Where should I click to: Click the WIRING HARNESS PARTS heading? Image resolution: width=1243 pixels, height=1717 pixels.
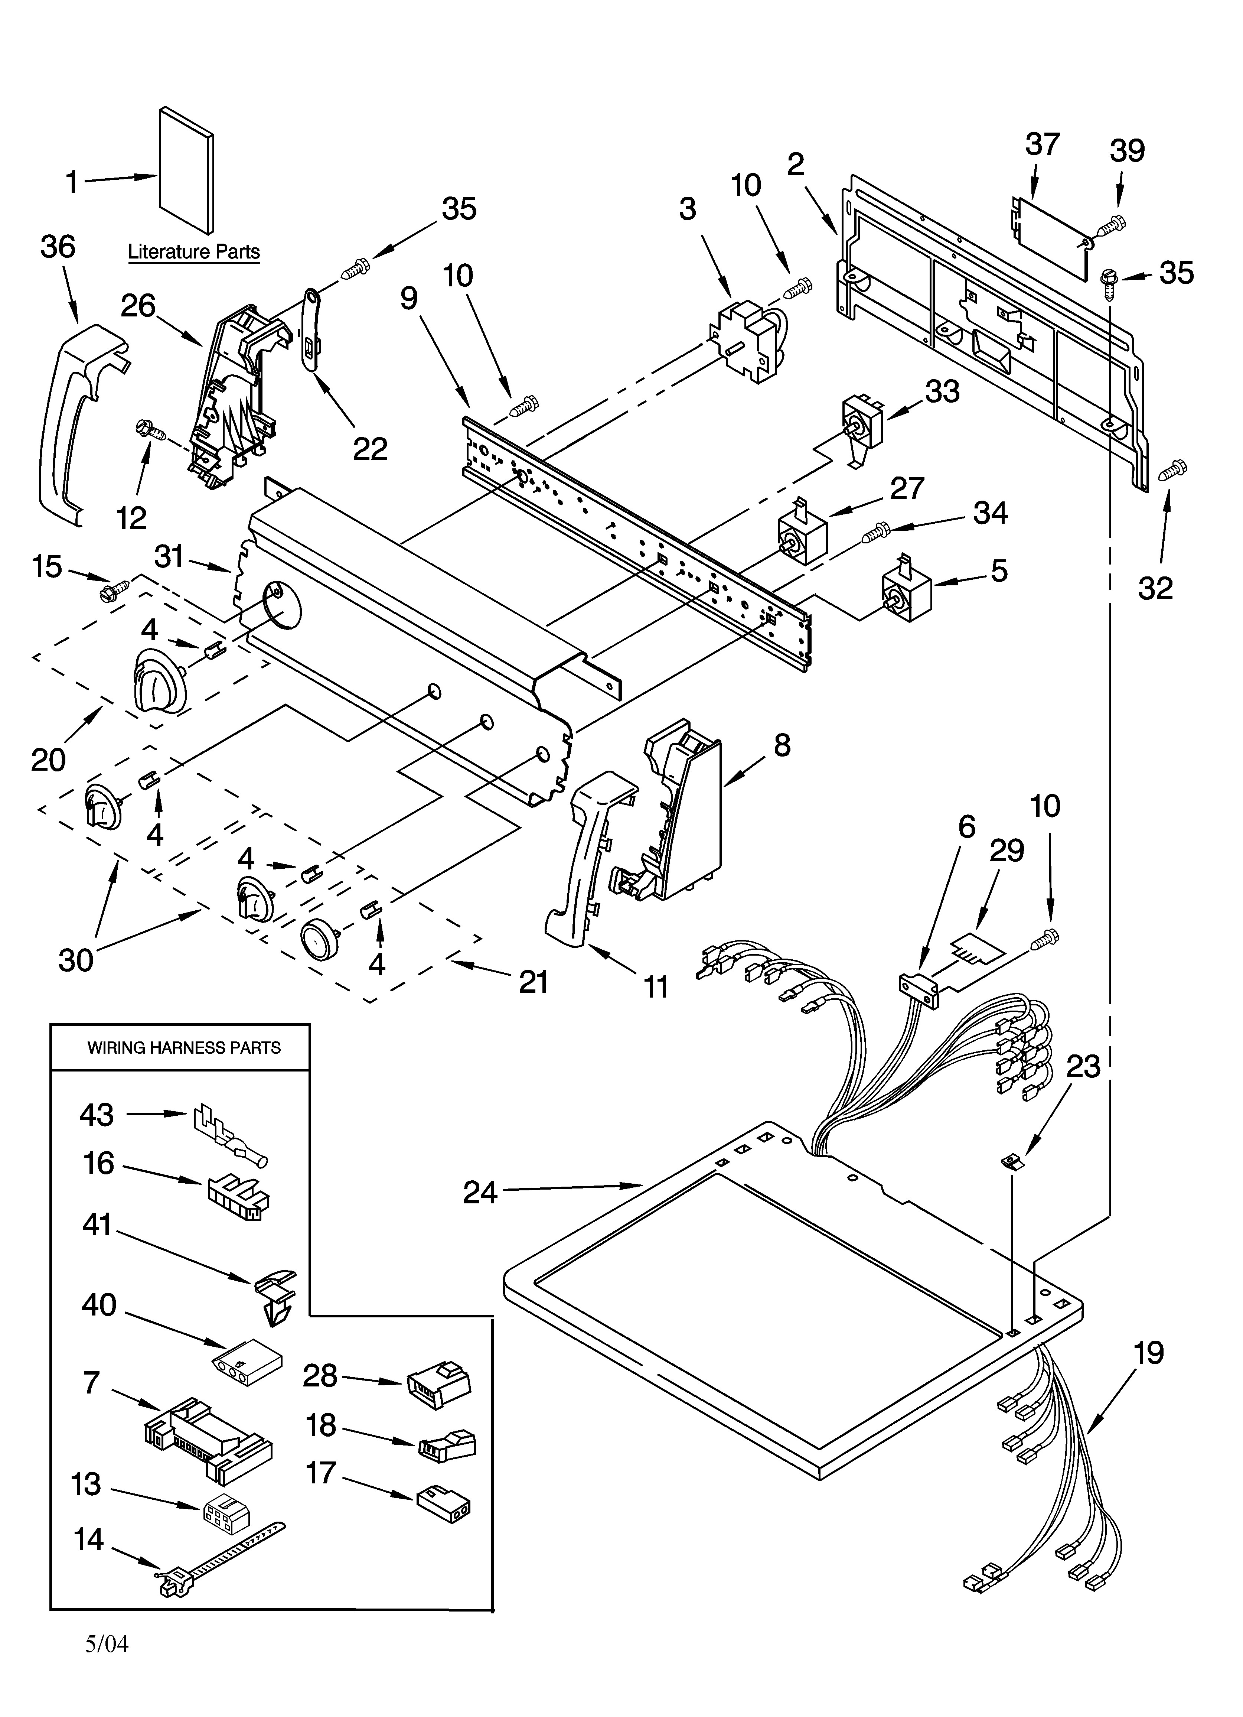(184, 1048)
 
